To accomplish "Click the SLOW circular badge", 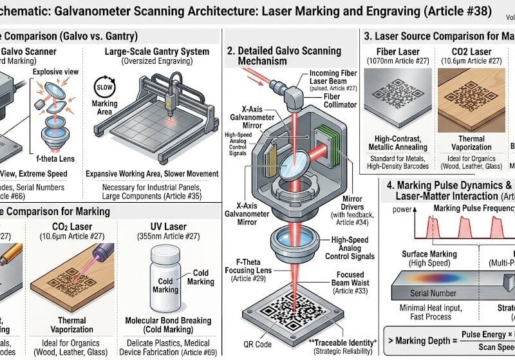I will (x=104, y=86).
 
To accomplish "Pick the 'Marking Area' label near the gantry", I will (x=104, y=108).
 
